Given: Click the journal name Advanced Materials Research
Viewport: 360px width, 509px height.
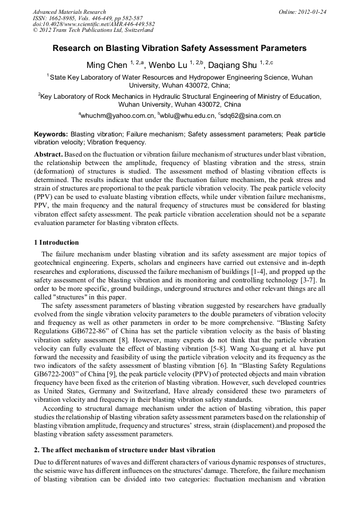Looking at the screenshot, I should tap(69, 12).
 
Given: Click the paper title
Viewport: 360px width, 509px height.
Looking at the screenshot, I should tap(179, 48).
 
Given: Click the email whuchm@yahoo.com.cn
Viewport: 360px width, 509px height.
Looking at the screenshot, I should tap(116, 115).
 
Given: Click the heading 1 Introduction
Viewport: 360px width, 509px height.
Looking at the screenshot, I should tap(56, 243).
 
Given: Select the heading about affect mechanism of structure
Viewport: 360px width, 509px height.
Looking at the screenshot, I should tap(124, 450).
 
